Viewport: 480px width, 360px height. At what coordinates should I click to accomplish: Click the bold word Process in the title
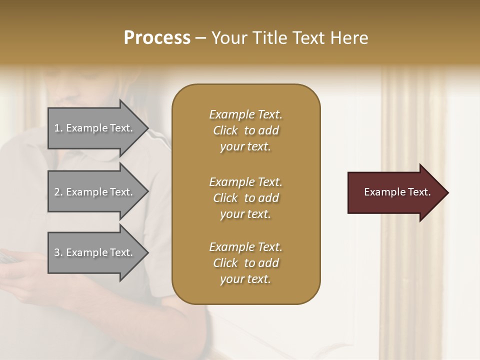(x=157, y=38)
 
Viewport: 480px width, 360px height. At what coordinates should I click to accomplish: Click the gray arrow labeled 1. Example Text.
(x=95, y=128)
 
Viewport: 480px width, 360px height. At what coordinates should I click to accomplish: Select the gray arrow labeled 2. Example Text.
(x=95, y=192)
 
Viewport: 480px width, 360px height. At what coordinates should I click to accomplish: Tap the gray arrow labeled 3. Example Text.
(x=95, y=252)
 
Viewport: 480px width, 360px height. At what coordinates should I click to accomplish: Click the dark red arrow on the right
(x=395, y=192)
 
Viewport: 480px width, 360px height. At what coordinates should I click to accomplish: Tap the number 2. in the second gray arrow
(x=58, y=192)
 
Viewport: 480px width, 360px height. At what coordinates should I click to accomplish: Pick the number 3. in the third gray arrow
(x=58, y=252)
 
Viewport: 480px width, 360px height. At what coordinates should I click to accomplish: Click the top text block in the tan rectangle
(x=245, y=130)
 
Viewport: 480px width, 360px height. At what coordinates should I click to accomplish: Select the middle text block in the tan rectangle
(x=245, y=198)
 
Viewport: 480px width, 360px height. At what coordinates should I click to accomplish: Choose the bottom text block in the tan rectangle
(x=245, y=263)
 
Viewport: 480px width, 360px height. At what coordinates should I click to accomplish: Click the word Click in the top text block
(x=225, y=130)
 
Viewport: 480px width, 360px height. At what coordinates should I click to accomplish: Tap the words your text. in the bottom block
(x=245, y=279)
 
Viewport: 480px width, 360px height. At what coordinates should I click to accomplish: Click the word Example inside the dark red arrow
(x=382, y=192)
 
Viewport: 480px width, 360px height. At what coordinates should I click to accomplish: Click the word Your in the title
(x=228, y=38)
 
